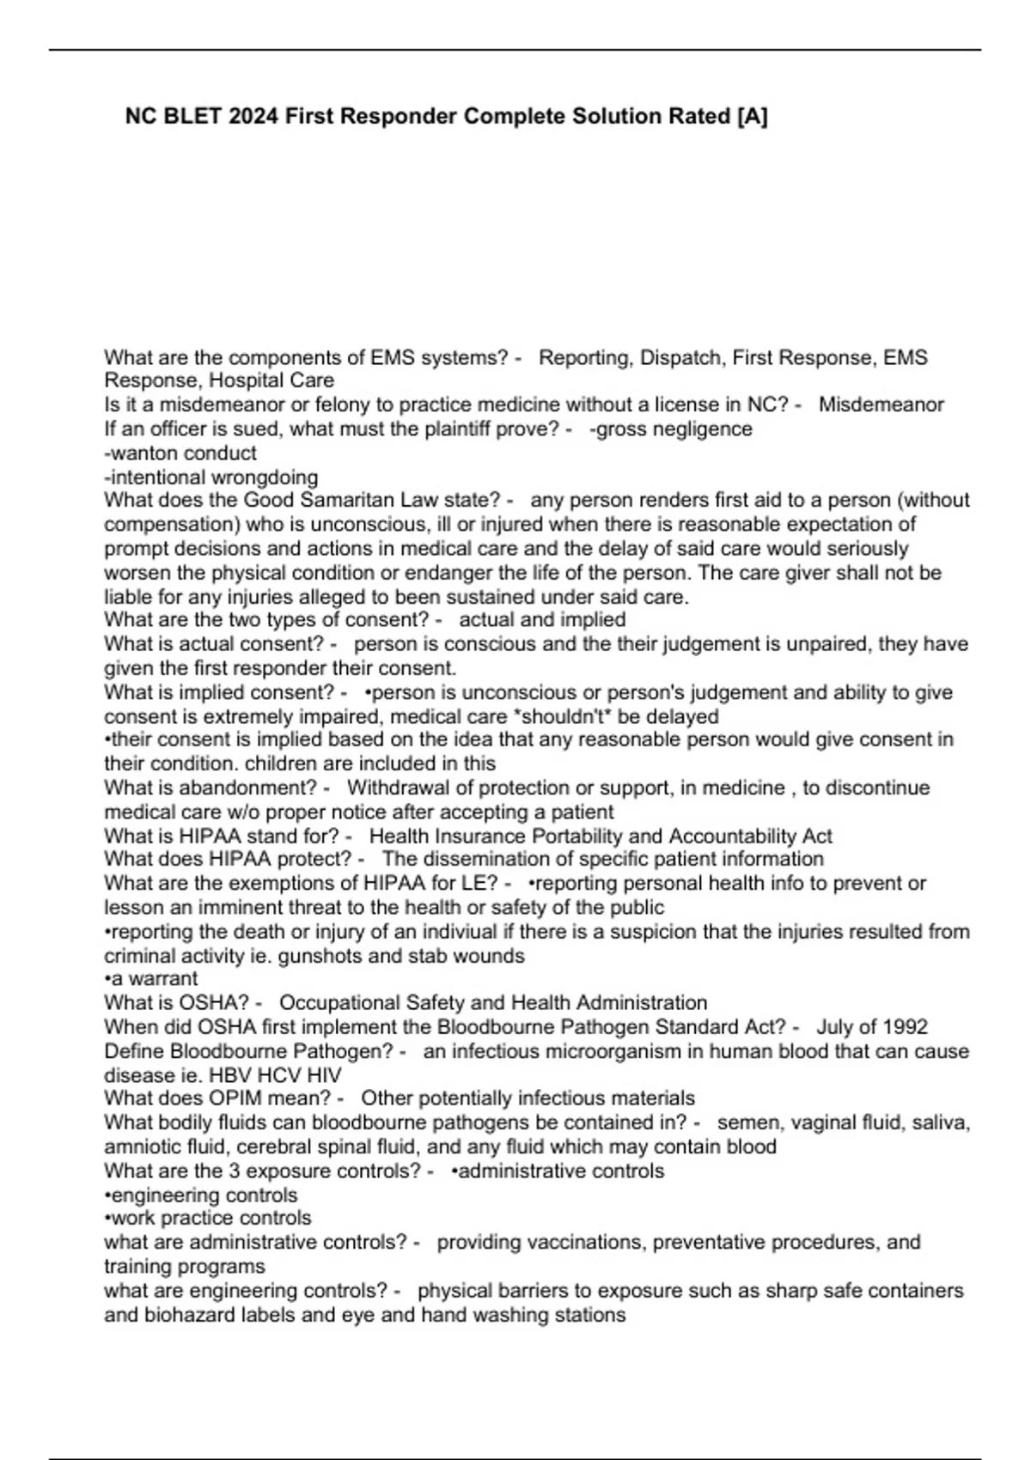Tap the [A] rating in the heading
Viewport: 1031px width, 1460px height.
pyautogui.click(x=752, y=116)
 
